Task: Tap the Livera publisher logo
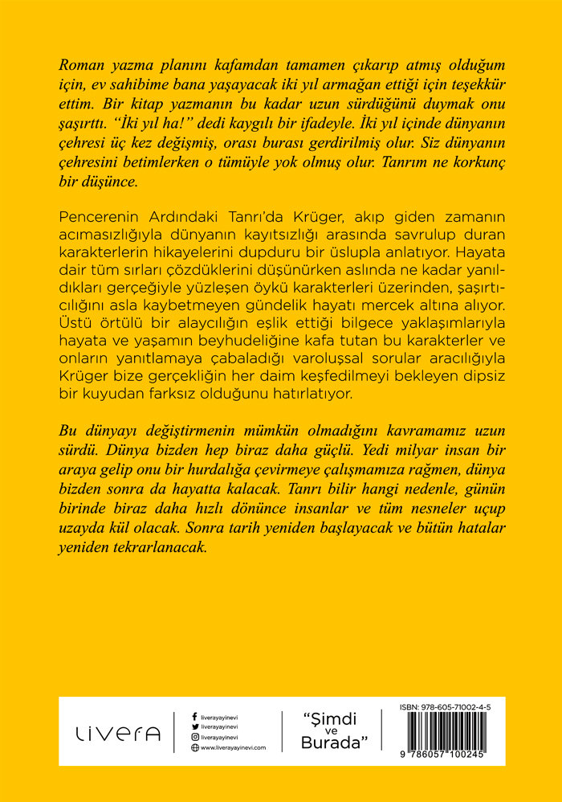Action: click(x=118, y=733)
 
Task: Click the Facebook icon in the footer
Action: click(x=195, y=714)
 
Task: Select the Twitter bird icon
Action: click(x=195, y=726)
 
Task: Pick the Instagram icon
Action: click(x=195, y=736)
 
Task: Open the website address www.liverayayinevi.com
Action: click(x=233, y=747)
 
